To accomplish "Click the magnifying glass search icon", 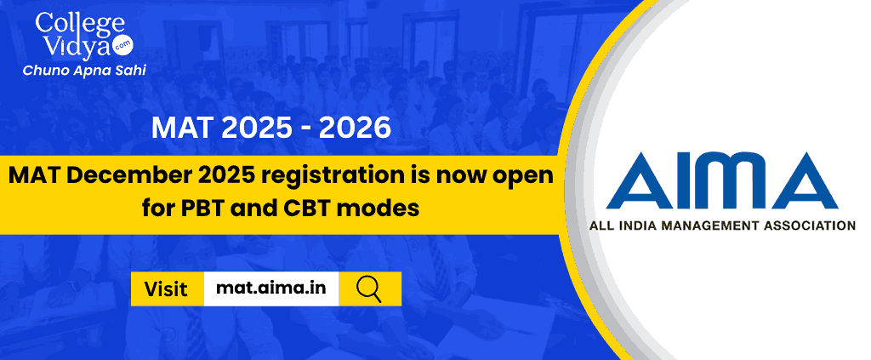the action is click(x=369, y=289).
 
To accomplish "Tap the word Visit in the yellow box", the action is click(x=166, y=289).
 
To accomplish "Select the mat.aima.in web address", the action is click(x=270, y=289).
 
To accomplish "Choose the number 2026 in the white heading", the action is click(x=355, y=128).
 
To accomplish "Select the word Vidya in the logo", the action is click(x=74, y=47).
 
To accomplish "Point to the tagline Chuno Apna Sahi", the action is click(x=84, y=71).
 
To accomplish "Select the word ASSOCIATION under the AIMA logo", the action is click(x=811, y=226).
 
